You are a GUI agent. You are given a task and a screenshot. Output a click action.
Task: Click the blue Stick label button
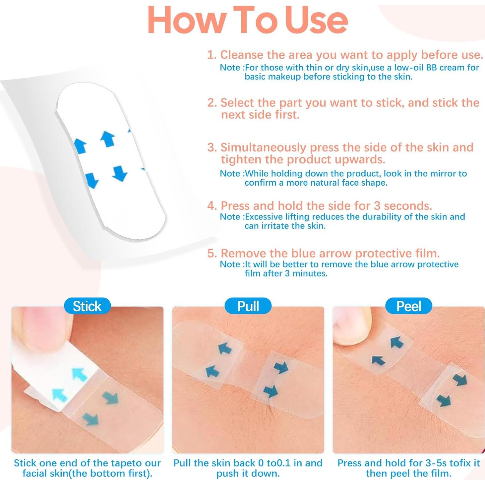point(87,306)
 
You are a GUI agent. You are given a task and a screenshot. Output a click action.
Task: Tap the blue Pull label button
point(248,306)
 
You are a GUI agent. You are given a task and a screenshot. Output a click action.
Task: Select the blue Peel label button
point(409,306)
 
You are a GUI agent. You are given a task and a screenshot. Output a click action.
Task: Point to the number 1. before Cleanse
point(212,55)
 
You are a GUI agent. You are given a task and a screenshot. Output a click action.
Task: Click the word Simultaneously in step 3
point(263,148)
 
